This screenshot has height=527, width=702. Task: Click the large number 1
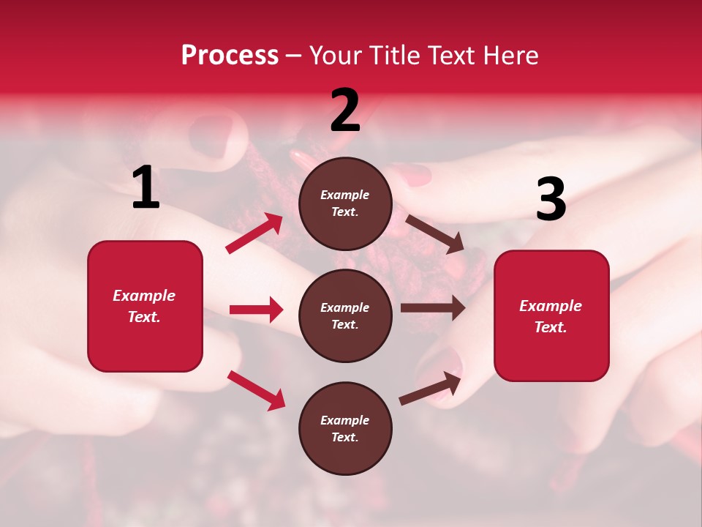tap(146, 188)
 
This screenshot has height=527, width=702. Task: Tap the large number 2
tap(345, 111)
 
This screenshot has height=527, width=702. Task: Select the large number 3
tap(551, 200)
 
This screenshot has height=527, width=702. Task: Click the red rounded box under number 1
tap(145, 306)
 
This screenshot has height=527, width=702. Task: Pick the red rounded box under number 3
tap(551, 316)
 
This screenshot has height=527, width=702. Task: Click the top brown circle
tap(345, 203)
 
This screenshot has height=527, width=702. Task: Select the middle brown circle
tap(345, 315)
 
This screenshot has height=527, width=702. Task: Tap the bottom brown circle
tap(345, 428)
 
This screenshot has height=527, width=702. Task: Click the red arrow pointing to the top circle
tap(254, 233)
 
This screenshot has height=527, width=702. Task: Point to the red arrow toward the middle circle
tap(256, 310)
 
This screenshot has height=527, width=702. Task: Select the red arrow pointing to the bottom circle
tap(256, 389)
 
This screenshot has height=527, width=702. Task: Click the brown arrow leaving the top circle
tap(434, 234)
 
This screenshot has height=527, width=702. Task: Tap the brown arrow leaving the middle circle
tap(433, 308)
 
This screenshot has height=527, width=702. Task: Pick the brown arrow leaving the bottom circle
tap(430, 388)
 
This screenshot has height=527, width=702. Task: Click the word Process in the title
tap(230, 56)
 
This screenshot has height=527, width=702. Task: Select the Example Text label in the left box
tap(144, 306)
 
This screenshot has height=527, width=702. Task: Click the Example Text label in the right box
tap(551, 316)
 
